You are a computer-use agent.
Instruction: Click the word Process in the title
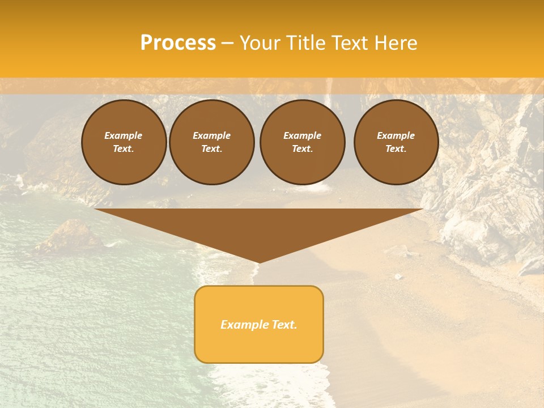point(178,43)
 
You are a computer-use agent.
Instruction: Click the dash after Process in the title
point(228,44)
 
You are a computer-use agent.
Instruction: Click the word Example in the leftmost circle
point(124,135)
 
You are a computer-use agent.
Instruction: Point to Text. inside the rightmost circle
point(396,149)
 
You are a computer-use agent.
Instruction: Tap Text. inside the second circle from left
point(212,149)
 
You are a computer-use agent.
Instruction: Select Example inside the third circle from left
point(303,135)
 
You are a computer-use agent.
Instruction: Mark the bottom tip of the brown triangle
point(259,261)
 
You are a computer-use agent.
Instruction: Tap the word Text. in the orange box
point(284,325)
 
